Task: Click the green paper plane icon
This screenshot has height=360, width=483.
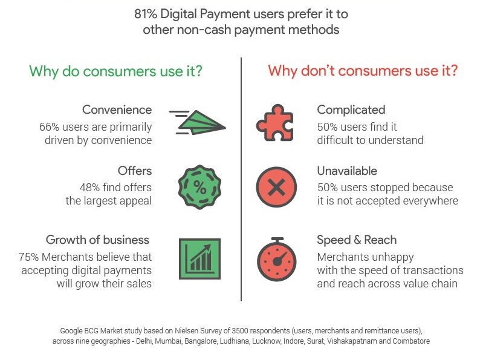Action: coord(198,122)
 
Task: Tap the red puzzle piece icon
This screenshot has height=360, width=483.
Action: coord(274,123)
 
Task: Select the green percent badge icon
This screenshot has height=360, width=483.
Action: coord(199,187)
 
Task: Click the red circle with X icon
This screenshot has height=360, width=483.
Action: coord(276,187)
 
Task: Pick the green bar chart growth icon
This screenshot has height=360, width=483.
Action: coord(199,259)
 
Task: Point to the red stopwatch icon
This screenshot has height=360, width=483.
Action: coord(277,259)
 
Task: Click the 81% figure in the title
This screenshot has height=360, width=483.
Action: coord(146,14)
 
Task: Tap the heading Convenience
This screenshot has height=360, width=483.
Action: coord(117,110)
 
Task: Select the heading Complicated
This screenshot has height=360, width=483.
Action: coord(351,110)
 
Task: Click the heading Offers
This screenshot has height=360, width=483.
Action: coord(135,171)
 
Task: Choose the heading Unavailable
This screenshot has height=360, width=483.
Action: coord(347,171)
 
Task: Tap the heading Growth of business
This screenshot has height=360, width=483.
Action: coord(97,240)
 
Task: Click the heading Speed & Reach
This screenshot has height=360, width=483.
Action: coord(357,240)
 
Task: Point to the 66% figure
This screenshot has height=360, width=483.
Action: coord(50,127)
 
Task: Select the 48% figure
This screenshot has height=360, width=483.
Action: coord(89,188)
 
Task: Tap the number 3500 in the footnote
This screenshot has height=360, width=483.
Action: coord(239,331)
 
